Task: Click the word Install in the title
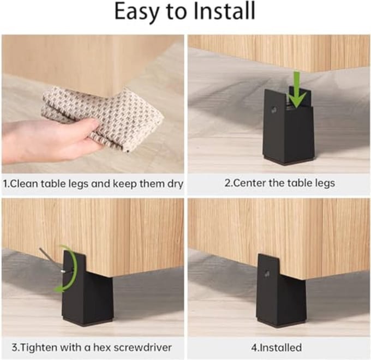224,11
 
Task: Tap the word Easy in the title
135,13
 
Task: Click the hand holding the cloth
47,140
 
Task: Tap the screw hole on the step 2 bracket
274,110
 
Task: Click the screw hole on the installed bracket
267,274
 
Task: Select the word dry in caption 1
175,184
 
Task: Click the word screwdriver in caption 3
143,347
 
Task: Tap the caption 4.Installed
277,347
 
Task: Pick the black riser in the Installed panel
281,291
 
